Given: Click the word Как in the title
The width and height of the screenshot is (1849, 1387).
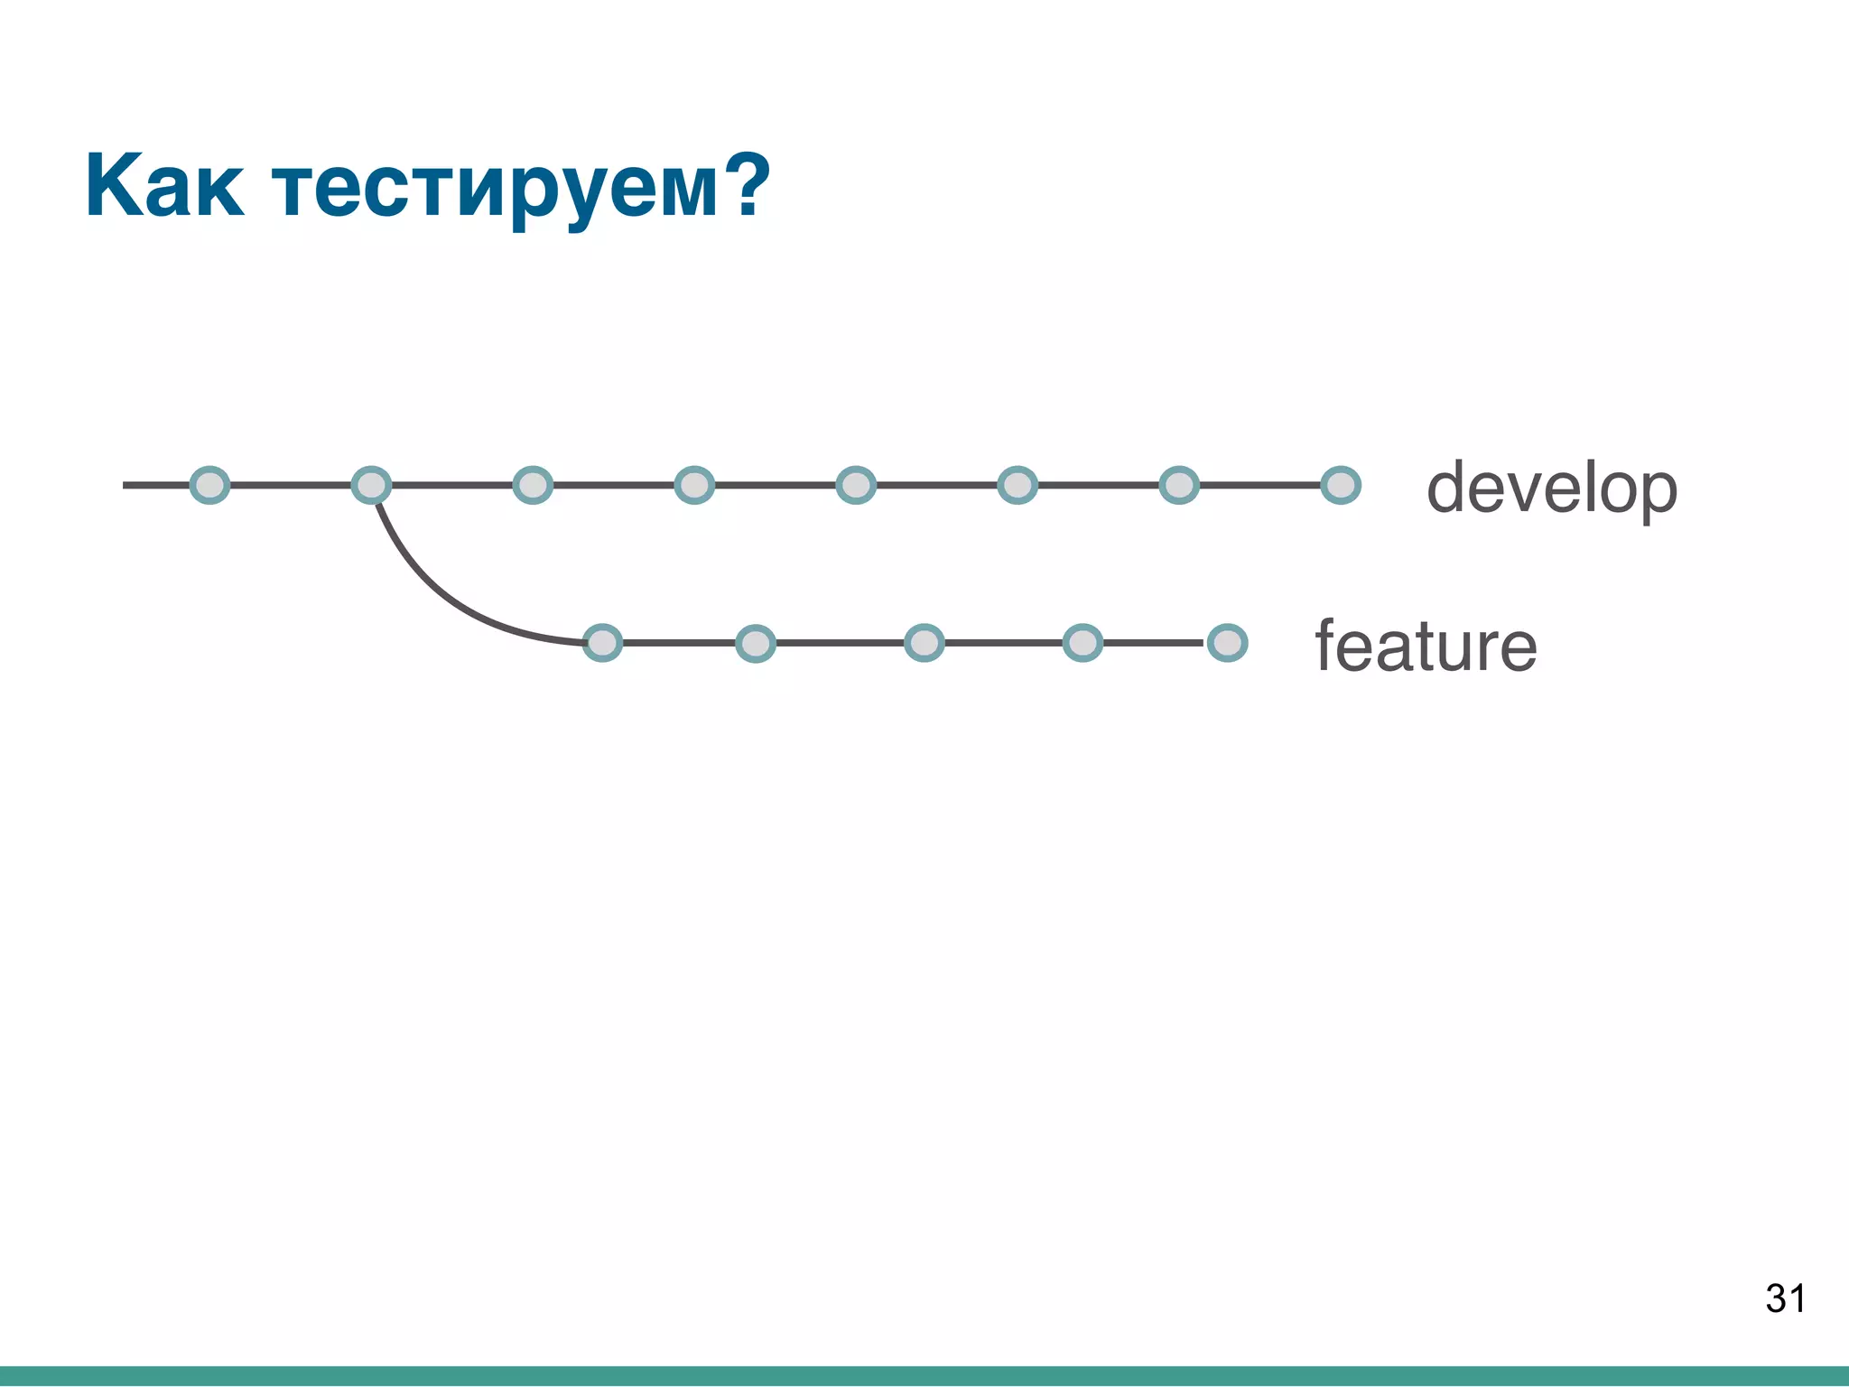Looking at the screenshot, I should click(164, 186).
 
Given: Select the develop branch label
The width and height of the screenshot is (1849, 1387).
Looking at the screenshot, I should click(1551, 489).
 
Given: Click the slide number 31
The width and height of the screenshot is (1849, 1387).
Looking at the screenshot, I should click(1785, 1299).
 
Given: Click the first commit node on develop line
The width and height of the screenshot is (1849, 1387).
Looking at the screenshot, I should click(209, 485).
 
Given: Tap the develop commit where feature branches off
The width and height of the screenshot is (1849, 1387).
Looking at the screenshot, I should click(371, 485).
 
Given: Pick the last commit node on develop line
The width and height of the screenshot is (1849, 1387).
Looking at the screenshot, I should click(1341, 485).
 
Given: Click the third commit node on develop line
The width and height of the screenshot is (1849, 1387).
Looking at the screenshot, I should click(533, 485).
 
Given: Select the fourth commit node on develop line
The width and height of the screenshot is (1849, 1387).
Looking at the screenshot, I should click(694, 485).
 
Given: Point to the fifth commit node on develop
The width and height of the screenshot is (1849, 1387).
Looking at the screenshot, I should click(856, 485).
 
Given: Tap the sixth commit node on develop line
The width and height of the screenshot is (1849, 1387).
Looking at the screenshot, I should click(1017, 485).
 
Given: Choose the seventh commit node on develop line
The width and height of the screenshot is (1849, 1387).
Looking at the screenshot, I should click(1179, 485).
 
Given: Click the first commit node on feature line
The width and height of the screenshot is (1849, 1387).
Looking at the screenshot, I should click(602, 643).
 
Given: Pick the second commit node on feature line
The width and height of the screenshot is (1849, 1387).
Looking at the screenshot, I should click(756, 643).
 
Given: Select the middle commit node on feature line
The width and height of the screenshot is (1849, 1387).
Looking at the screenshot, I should click(924, 643).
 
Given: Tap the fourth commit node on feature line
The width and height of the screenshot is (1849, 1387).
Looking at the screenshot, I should click(1082, 643).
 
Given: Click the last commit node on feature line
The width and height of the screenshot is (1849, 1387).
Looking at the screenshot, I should click(1228, 643).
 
